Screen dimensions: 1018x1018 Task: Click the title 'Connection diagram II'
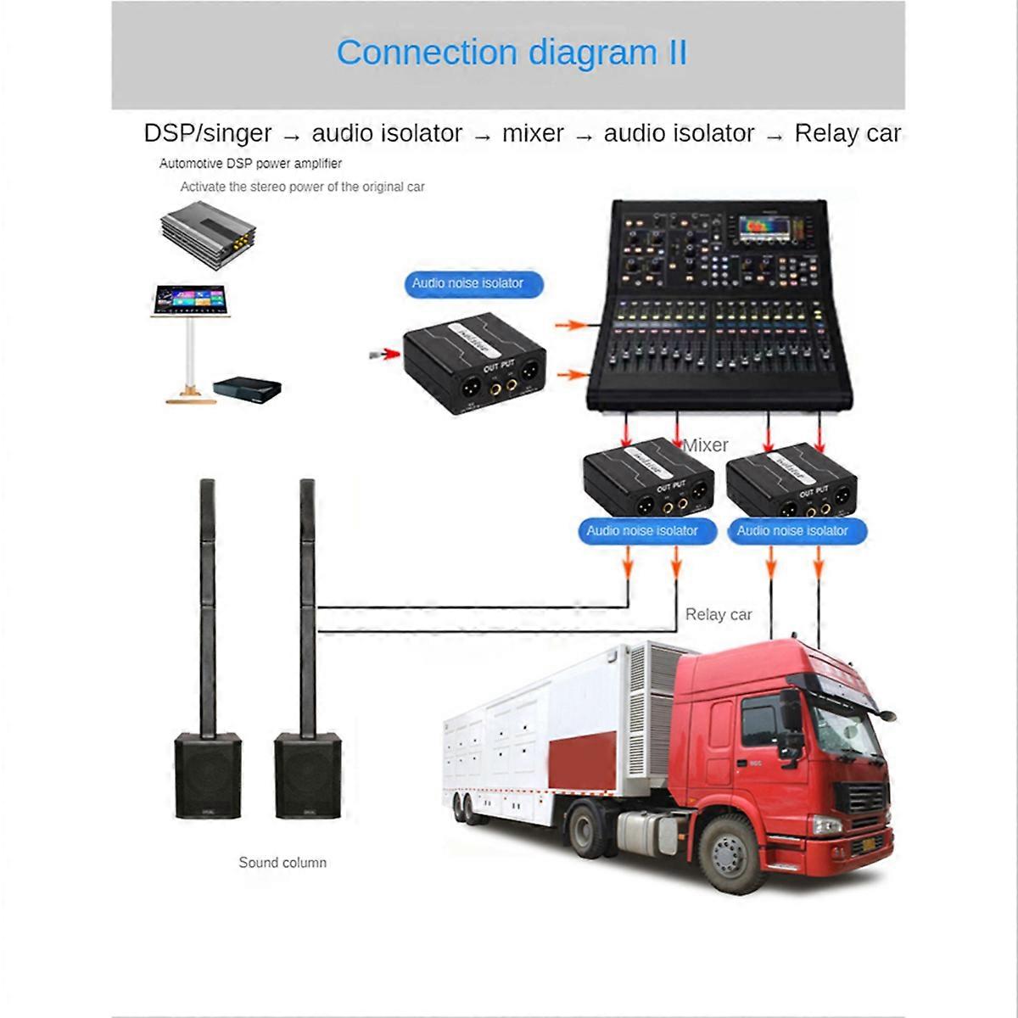(512, 53)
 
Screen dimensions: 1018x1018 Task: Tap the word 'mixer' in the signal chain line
(533, 133)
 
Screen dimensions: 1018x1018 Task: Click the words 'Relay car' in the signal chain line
(847, 133)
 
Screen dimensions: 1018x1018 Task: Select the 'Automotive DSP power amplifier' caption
(250, 164)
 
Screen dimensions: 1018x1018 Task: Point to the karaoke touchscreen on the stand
(189, 300)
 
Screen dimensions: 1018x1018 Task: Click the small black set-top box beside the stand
(246, 389)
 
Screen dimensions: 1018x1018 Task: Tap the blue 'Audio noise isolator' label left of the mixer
(467, 283)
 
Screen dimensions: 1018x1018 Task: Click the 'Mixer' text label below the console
(706, 445)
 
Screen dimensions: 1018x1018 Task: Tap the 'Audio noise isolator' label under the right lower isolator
(792, 531)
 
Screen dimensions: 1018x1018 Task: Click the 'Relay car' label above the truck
(719, 614)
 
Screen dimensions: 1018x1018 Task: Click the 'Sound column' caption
(282, 863)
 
